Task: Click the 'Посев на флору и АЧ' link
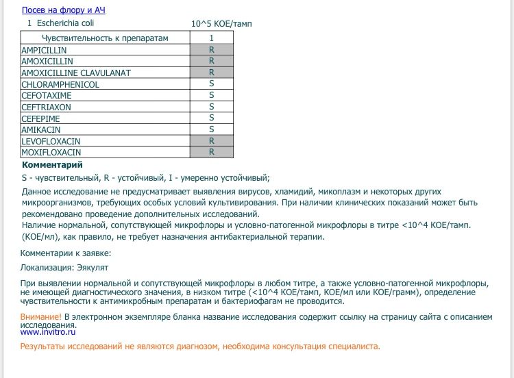64,10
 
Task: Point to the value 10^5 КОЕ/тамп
222,23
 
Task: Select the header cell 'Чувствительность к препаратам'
105,38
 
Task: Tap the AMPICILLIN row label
45,50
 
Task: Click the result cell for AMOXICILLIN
212,62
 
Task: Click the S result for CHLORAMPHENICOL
212,84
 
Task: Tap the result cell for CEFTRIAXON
212,107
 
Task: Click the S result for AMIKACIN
212,129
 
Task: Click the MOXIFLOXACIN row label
51,152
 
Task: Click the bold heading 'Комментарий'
53,165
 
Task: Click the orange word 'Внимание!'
41,317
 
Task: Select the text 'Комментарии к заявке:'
66,253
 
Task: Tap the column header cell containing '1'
212,38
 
